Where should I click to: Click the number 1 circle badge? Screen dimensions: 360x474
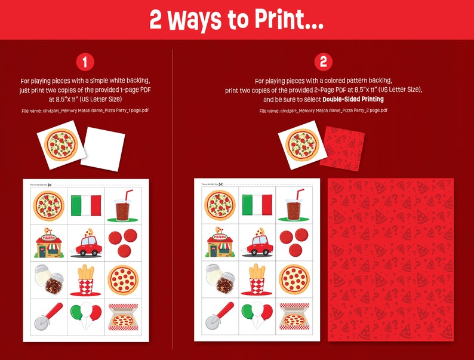pos(85,61)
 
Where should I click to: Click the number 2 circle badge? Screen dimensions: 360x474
pos(323,61)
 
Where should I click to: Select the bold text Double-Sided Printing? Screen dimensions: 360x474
pos(353,99)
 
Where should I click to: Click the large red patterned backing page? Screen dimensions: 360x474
pos(390,259)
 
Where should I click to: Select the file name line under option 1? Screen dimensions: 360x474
pos(85,111)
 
